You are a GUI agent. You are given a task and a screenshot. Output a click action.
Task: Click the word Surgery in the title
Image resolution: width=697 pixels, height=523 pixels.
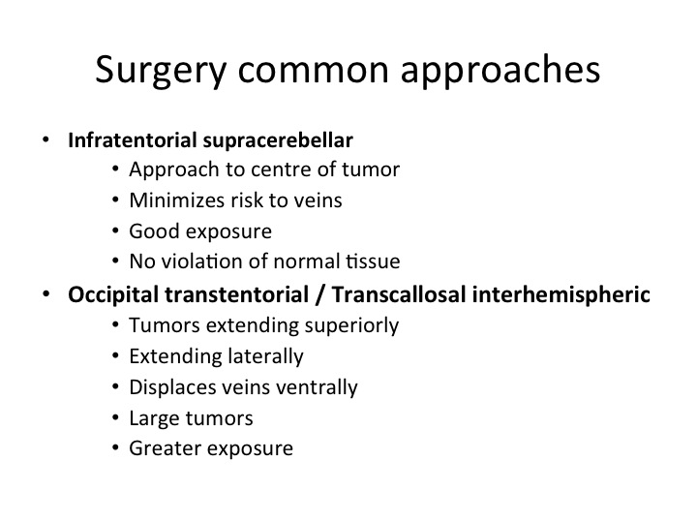(x=161, y=71)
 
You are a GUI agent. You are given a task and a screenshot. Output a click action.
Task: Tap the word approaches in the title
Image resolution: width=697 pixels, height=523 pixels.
(x=500, y=71)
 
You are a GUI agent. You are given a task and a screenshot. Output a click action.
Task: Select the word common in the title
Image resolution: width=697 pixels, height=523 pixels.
(x=314, y=71)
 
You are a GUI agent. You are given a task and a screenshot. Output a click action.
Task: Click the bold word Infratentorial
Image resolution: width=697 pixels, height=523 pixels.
(x=133, y=140)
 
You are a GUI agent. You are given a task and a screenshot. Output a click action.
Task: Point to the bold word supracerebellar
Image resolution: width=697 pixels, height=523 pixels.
(x=278, y=141)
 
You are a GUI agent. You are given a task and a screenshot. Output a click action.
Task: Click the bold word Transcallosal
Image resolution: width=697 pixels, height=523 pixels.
(x=399, y=294)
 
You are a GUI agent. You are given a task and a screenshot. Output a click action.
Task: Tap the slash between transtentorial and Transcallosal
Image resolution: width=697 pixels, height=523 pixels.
(x=320, y=295)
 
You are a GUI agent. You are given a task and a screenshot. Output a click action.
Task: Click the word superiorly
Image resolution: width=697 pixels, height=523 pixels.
(x=351, y=326)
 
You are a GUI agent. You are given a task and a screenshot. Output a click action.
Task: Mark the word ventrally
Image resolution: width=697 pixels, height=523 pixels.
(x=317, y=387)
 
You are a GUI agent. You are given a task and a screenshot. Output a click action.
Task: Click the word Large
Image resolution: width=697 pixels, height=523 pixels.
(x=154, y=419)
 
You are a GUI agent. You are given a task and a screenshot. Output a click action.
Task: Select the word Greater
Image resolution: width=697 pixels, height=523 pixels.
(x=161, y=448)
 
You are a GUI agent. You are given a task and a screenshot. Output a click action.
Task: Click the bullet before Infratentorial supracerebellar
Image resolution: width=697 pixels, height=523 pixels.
(x=45, y=140)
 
